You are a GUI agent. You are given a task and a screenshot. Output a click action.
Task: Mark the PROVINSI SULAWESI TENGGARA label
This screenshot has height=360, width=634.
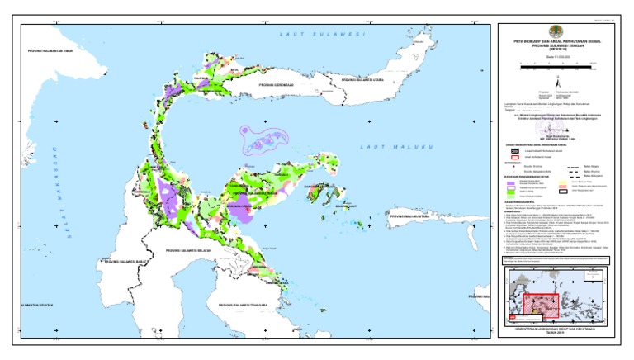245,306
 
